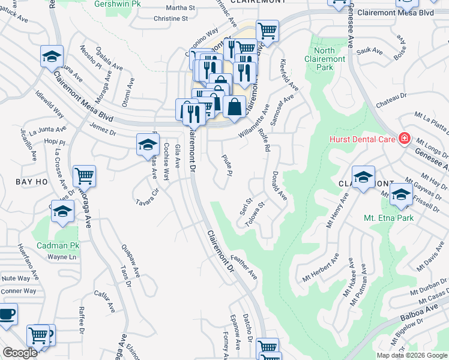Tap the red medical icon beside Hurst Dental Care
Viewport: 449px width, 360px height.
[405, 139]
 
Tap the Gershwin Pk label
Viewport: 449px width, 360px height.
[119, 4]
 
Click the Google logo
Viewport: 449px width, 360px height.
[20, 353]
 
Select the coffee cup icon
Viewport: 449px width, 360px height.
[6, 314]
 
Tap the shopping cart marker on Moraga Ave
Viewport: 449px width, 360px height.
[84, 176]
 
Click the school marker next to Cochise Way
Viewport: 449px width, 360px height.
[148, 144]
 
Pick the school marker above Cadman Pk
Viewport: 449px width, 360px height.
[62, 211]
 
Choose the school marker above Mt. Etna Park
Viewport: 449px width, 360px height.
[401, 194]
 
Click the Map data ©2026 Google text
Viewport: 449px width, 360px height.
[412, 355]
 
